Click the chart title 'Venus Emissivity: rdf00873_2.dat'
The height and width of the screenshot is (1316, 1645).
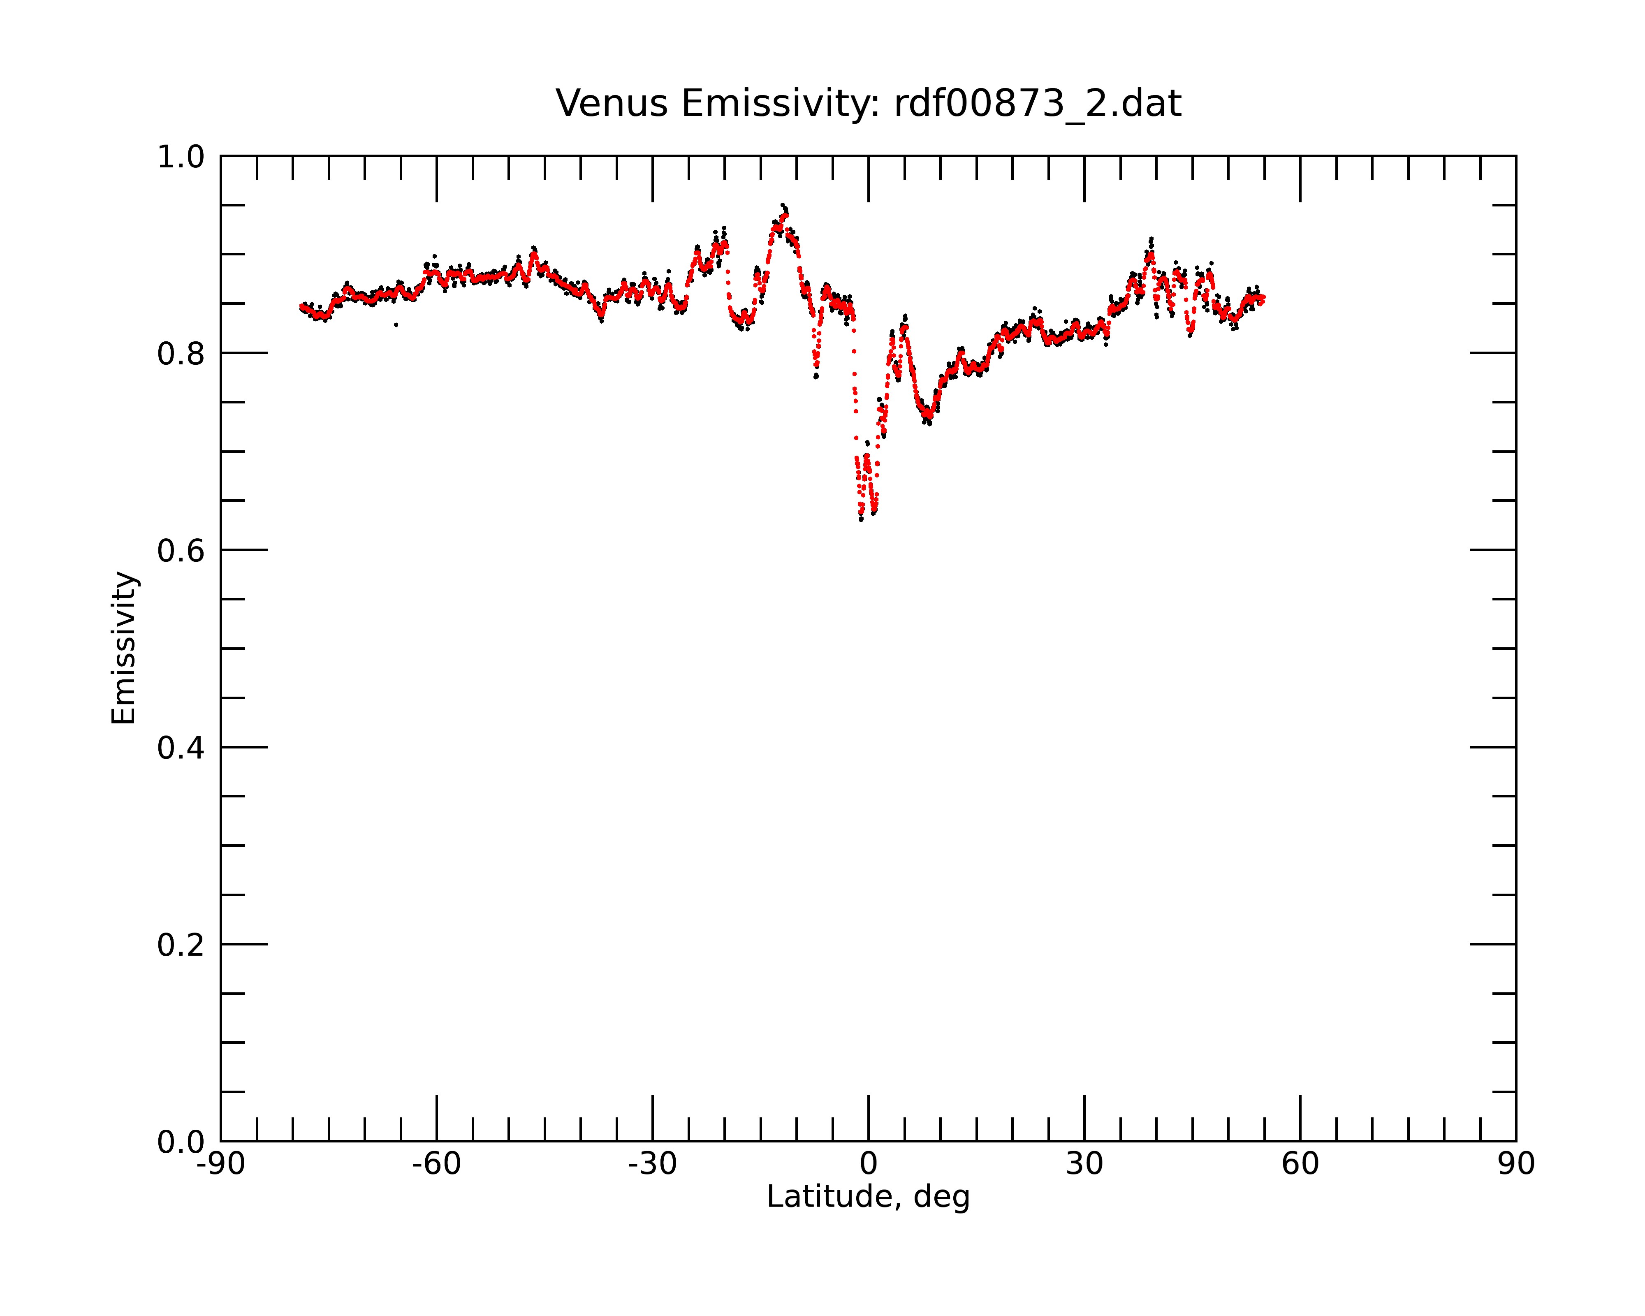pos(868,104)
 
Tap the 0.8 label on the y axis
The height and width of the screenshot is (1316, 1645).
pos(181,354)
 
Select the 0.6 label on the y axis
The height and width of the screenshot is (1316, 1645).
pos(181,551)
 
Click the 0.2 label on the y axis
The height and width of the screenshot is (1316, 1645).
pos(181,945)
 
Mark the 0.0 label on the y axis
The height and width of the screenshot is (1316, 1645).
pos(181,1142)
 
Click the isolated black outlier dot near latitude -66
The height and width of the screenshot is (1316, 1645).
pos(396,325)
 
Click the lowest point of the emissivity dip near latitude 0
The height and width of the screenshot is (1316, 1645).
pos(861,519)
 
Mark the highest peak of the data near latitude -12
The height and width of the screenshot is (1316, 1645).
pos(782,205)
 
